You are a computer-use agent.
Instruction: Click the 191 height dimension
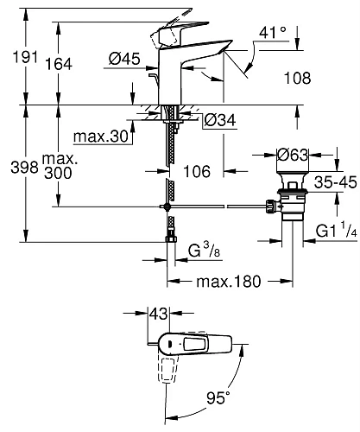tap(13, 58)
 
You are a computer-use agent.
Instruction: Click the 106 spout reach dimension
tap(198, 172)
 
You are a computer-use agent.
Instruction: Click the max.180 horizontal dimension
tap(229, 282)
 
